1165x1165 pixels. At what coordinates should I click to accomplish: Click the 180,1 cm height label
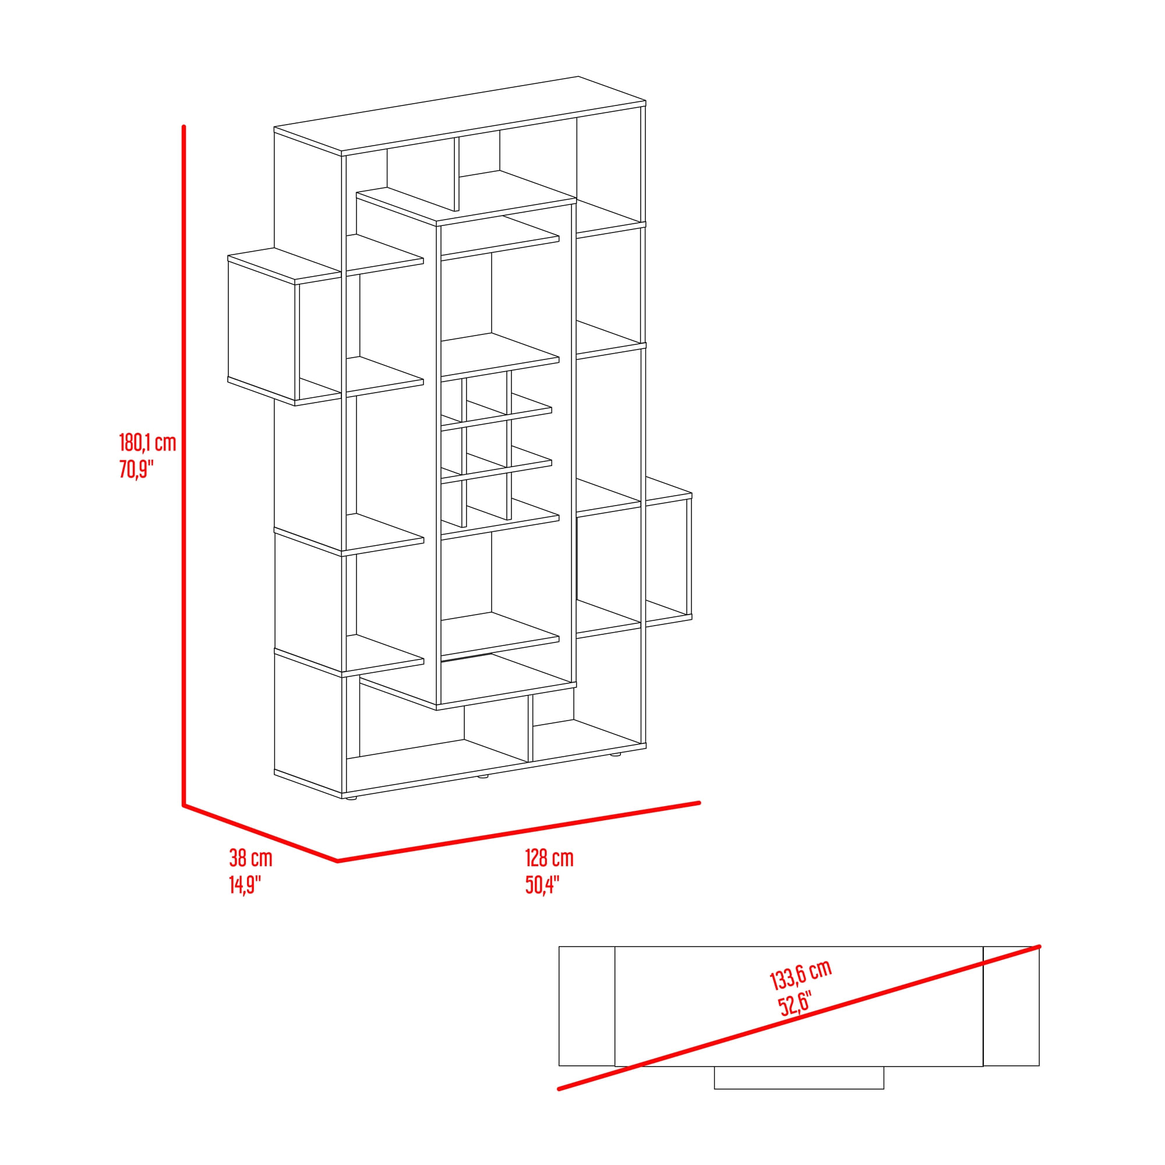click(147, 443)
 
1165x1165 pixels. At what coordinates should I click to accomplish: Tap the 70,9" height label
click(136, 468)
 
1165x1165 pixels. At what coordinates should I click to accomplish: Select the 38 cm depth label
click(250, 857)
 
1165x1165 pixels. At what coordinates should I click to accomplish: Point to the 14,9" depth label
click(245, 885)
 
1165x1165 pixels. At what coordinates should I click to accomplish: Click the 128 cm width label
click(549, 857)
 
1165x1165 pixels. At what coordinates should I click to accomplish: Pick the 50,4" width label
click(542, 885)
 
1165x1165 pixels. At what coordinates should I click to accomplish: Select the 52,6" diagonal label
click(795, 1004)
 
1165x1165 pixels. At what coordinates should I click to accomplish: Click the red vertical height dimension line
click(183, 465)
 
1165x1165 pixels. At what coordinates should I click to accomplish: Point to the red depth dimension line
click(260, 833)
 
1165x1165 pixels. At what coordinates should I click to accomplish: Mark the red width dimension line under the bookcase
click(518, 832)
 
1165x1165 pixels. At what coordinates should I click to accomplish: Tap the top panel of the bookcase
click(460, 114)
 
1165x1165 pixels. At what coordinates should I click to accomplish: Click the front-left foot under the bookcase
click(351, 799)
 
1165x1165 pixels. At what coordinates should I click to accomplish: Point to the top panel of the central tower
click(466, 209)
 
